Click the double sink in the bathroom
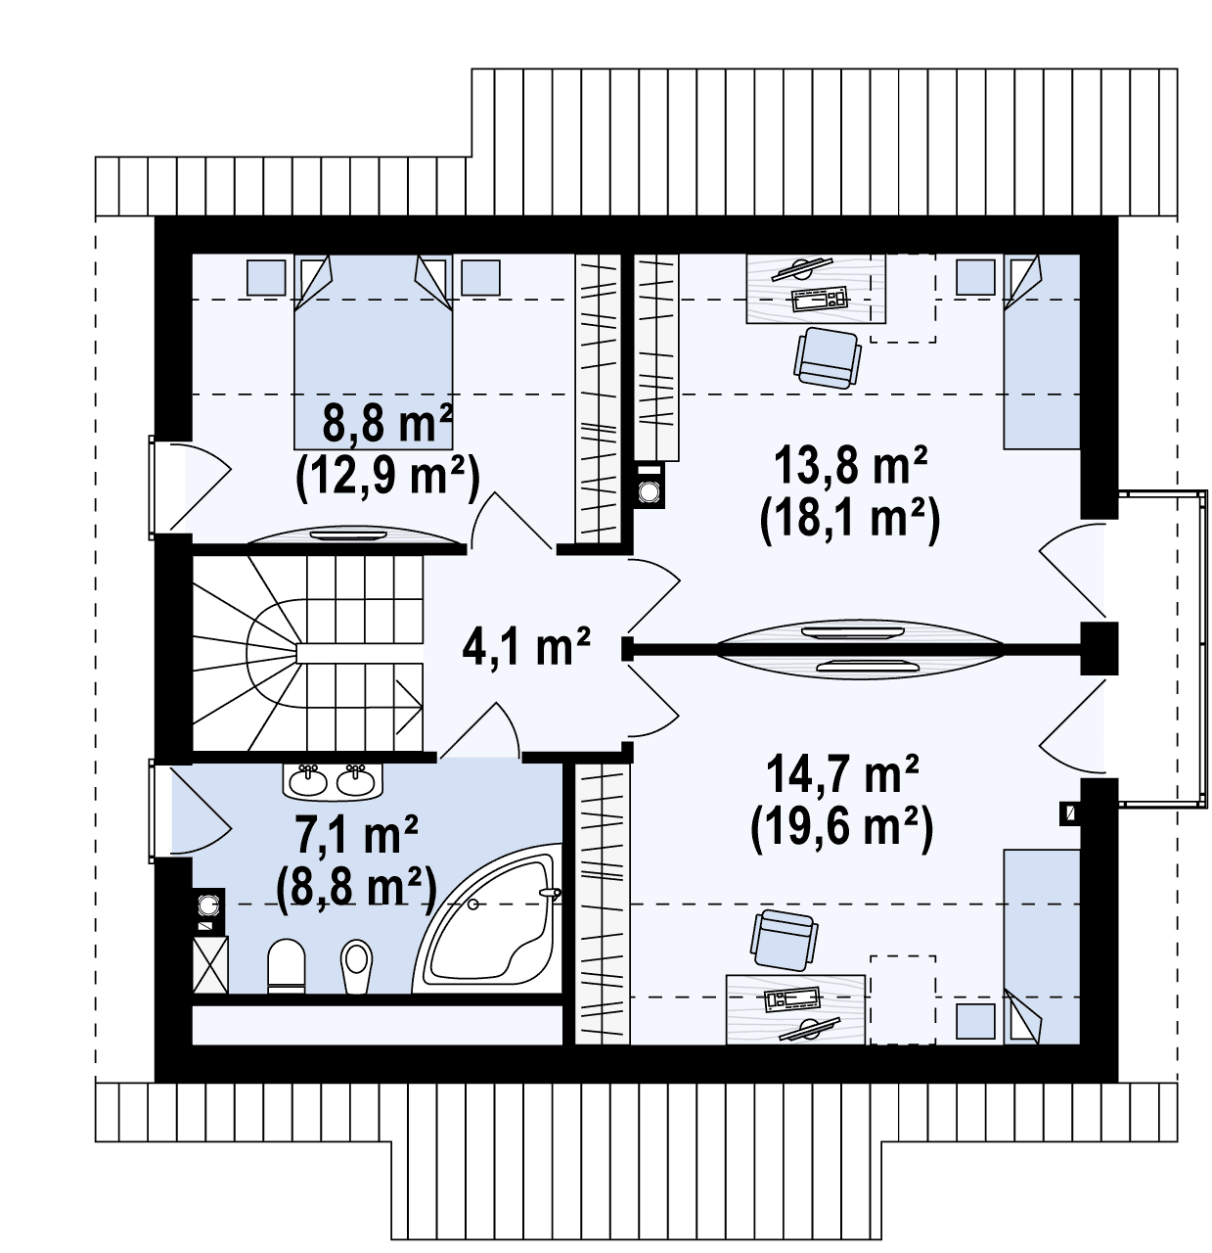pos(332,782)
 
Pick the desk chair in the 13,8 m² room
pos(828,358)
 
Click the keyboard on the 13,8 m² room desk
pos(820,301)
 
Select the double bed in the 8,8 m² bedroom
pos(373,351)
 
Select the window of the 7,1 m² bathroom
pos(152,810)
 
